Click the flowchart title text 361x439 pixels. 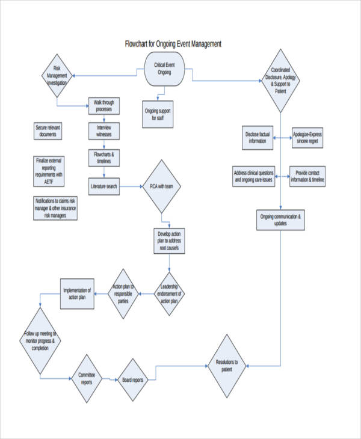click(173, 44)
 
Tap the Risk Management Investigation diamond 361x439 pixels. click(58, 76)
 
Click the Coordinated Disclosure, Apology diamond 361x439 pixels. click(280, 81)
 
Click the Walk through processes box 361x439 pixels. click(103, 106)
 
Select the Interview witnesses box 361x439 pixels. click(103, 131)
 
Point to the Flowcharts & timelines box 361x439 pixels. click(103, 158)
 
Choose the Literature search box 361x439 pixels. click(103, 186)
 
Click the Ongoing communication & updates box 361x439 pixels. click(281, 219)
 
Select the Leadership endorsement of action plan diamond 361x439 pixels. click(169, 293)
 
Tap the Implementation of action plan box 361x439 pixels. click(77, 294)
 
